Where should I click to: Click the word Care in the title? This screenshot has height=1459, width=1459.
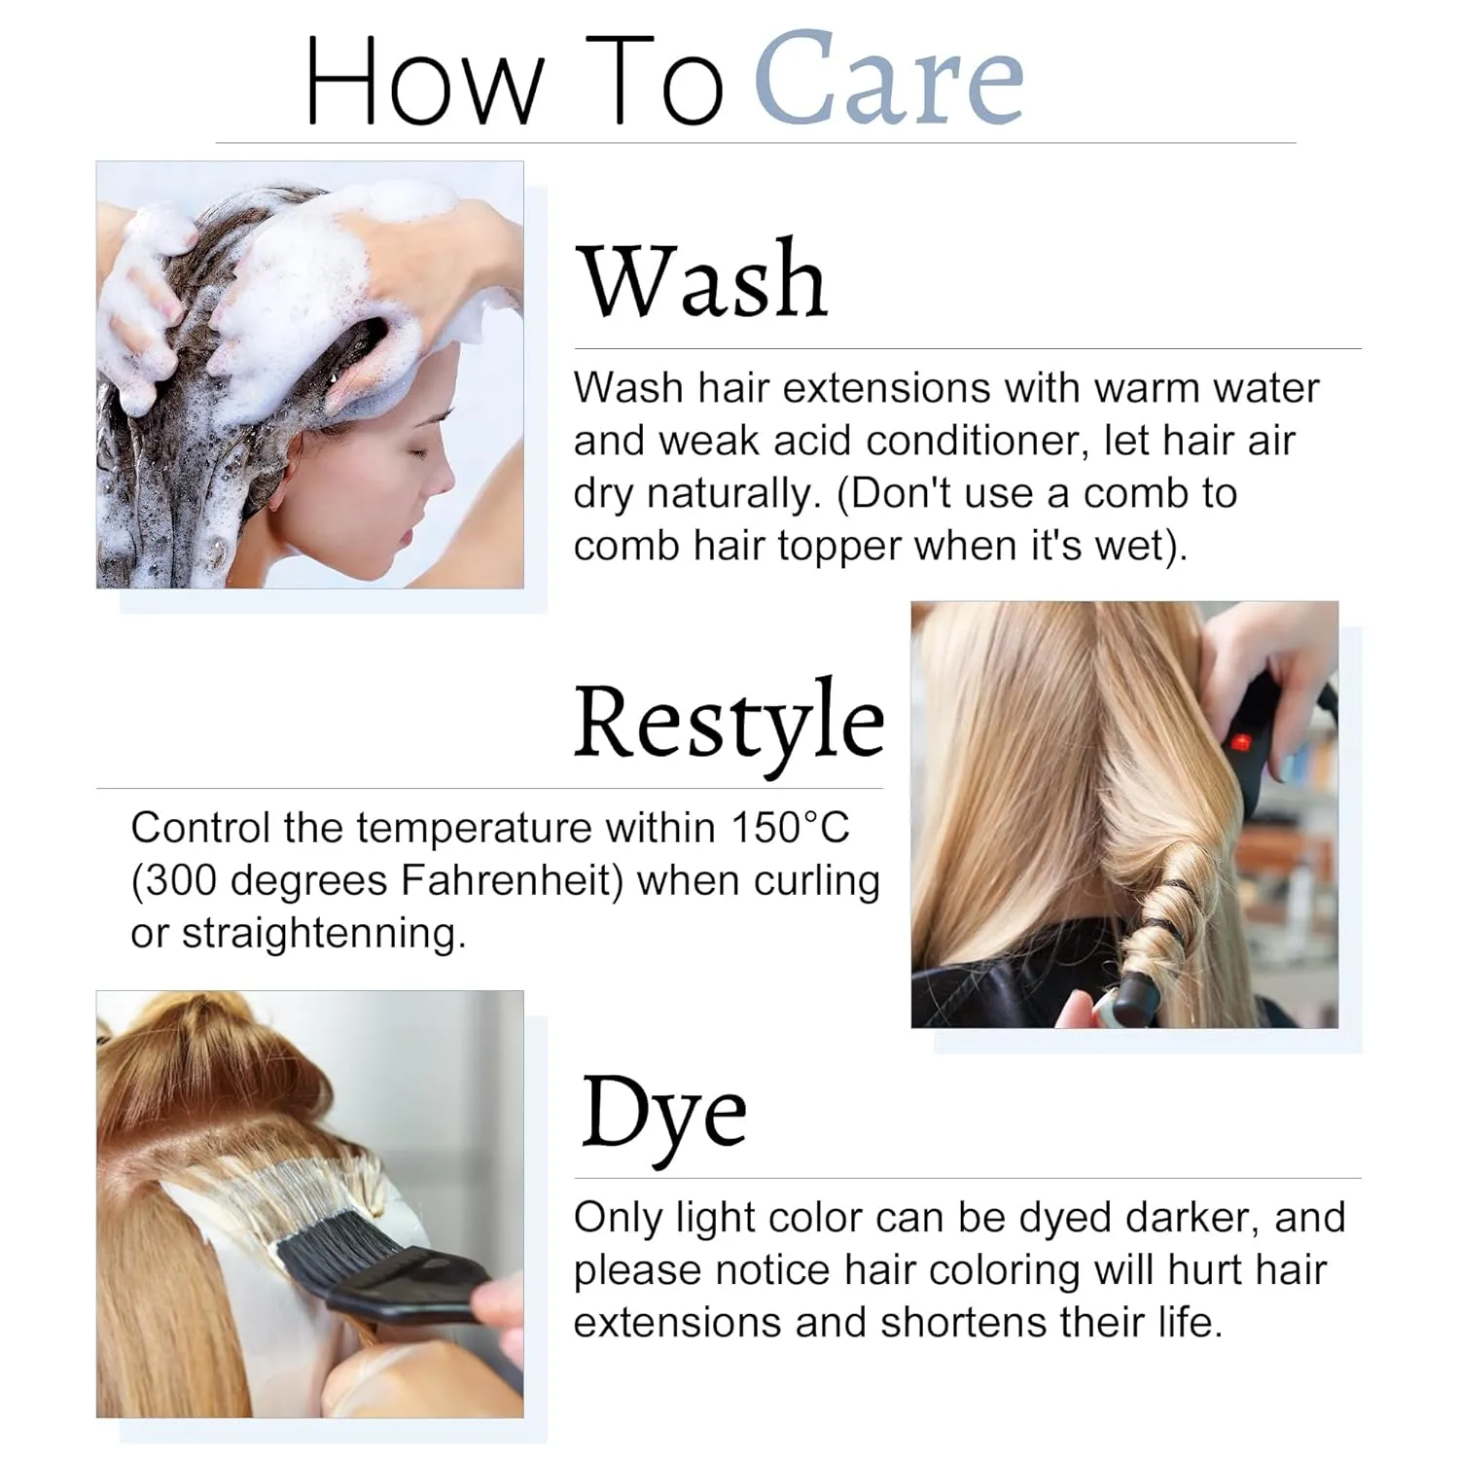[x=889, y=80]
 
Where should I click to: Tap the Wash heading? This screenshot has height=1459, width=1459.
[x=702, y=280]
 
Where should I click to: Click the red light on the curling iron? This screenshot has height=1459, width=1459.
[x=1240, y=744]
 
